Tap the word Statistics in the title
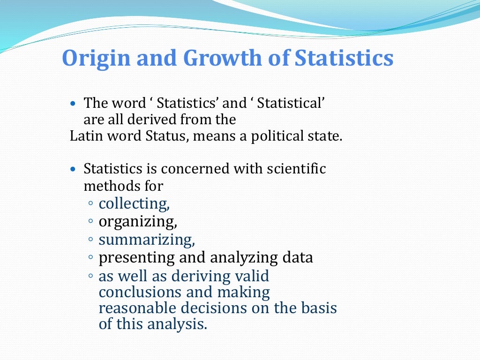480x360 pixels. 344,58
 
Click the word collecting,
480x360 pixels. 134,204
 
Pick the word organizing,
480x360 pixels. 137,221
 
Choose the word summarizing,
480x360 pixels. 146,240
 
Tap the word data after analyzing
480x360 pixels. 297,257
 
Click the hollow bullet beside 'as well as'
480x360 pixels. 90,277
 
